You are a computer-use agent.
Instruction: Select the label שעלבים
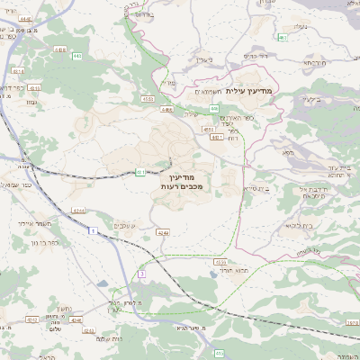(125, 225)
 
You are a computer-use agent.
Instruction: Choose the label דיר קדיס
(256, 56)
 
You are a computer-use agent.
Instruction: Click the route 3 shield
(141, 273)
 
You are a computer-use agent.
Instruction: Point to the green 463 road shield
(283, 37)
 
